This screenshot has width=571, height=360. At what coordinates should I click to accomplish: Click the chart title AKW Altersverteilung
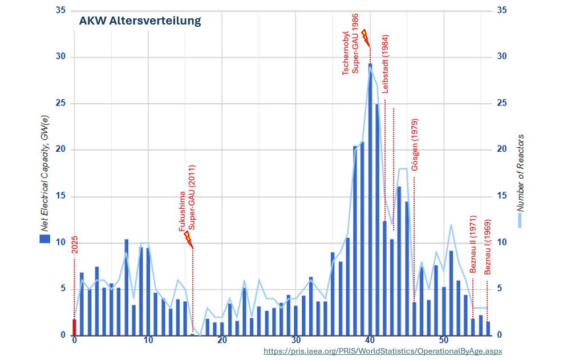[x=140, y=21]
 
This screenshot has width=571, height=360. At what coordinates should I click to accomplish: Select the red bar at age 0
[x=74, y=327]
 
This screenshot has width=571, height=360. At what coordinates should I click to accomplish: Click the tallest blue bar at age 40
[x=370, y=200]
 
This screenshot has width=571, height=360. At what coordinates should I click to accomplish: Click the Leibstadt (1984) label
[x=386, y=70]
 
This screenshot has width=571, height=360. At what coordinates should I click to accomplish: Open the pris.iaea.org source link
[x=383, y=351]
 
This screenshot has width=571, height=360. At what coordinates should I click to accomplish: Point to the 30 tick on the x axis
[x=295, y=341]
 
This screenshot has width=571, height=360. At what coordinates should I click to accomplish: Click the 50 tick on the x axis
[x=443, y=341]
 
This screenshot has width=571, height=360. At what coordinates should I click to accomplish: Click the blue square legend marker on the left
[x=44, y=240]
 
